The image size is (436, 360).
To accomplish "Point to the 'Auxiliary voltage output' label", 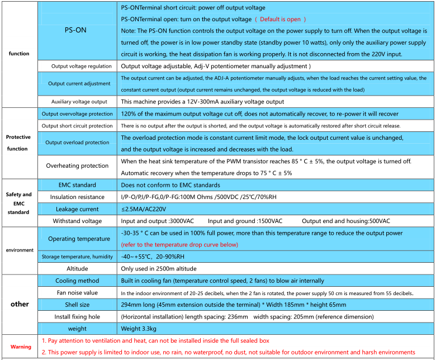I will click(79, 102).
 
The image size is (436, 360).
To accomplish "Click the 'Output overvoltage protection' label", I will click(77, 114).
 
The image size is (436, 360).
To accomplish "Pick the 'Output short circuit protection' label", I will click(77, 126).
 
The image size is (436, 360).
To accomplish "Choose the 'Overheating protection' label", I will click(77, 165).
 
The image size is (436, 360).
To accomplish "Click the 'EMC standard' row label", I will click(77, 185).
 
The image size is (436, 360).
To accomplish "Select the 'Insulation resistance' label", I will click(77, 197).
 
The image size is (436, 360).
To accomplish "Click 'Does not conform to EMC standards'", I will click(170, 185).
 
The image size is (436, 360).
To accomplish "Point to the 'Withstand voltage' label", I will click(77, 221).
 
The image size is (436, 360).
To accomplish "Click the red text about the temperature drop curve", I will click(179, 245).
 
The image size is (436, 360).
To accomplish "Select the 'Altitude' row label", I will click(77, 269).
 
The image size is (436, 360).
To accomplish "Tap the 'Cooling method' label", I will click(77, 281).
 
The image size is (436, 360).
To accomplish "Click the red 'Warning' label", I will click(21, 347).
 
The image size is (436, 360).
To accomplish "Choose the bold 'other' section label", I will click(20, 304).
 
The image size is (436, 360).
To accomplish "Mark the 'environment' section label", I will click(20, 250).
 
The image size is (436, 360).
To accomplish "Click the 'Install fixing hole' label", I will click(77, 316).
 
